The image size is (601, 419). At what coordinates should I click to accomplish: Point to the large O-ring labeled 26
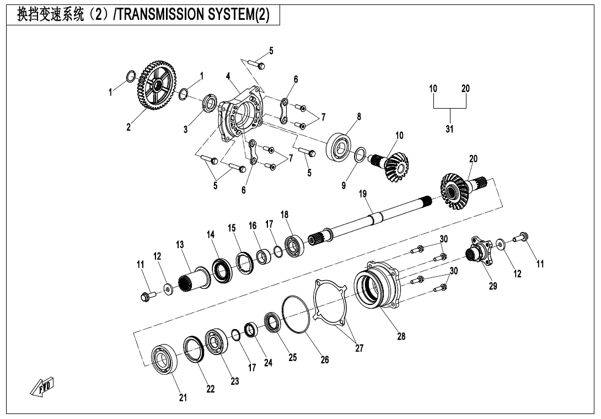pyautogui.click(x=296, y=314)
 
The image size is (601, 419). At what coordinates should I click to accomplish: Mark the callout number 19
pyautogui.click(x=362, y=194)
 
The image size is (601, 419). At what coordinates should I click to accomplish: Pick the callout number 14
pyautogui.click(x=211, y=234)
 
